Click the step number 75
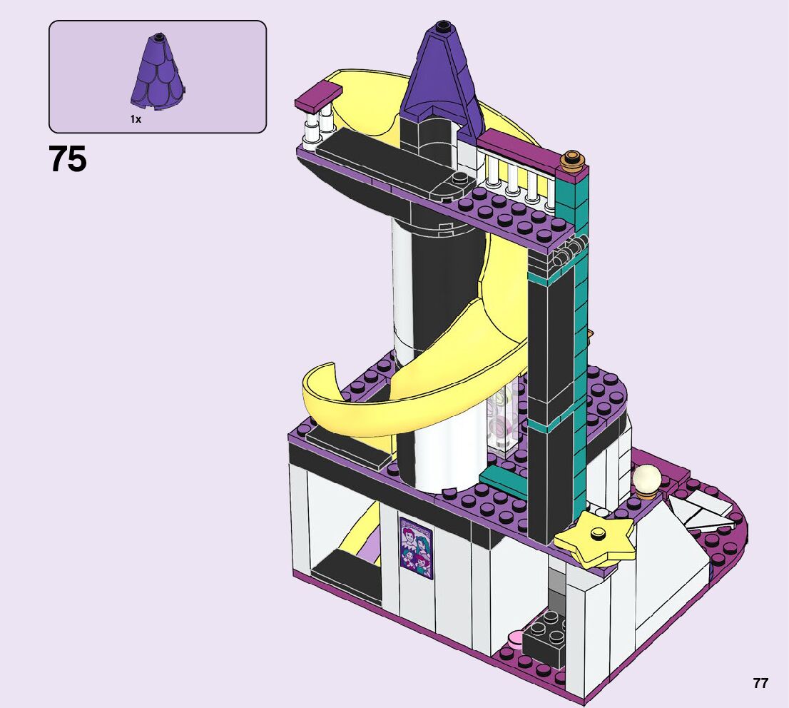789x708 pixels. tap(68, 158)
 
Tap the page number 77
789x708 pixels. tap(760, 683)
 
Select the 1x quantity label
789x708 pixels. tap(136, 119)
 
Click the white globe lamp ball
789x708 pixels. tap(647, 478)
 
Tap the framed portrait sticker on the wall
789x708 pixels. tap(416, 548)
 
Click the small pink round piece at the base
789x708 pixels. tap(515, 640)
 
